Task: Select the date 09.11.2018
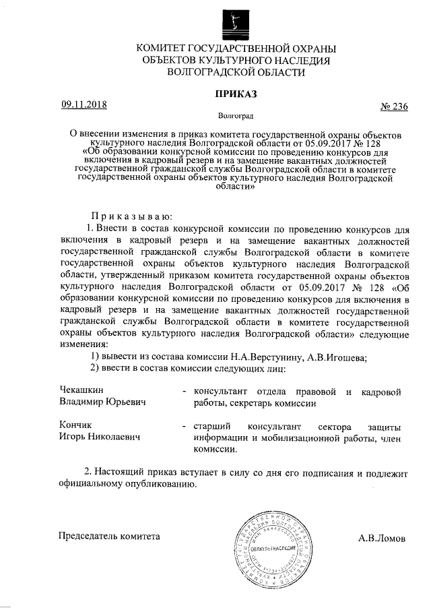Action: point(84,104)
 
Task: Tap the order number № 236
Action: point(394,106)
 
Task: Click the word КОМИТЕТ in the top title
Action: point(166,49)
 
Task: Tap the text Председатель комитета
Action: point(110,537)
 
